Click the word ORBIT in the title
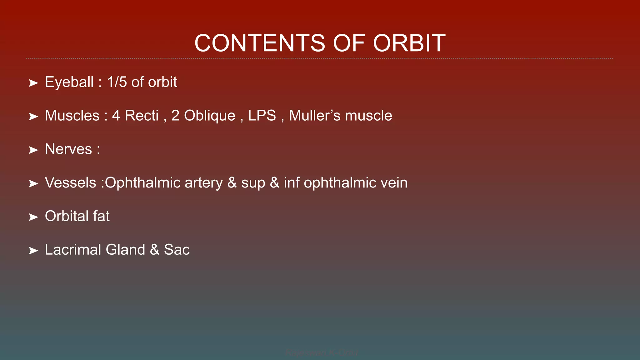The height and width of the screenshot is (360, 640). tap(409, 43)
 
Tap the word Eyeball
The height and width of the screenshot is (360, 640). tap(69, 82)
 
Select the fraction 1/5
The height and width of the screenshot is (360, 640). tap(117, 82)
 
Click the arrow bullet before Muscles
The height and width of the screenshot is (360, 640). tap(33, 117)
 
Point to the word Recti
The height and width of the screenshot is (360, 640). tap(142, 116)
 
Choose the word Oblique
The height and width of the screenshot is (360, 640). tap(209, 116)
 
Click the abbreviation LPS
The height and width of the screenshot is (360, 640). tap(262, 116)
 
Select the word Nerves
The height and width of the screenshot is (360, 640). tap(68, 149)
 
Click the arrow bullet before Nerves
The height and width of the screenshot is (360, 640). tap(33, 150)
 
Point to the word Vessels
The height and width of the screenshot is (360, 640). tap(70, 183)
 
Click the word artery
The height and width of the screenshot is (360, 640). tap(203, 183)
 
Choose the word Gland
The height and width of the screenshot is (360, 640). tap(125, 250)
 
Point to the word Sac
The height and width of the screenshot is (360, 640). tap(177, 250)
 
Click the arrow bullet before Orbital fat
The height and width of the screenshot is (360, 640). tap(33, 217)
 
